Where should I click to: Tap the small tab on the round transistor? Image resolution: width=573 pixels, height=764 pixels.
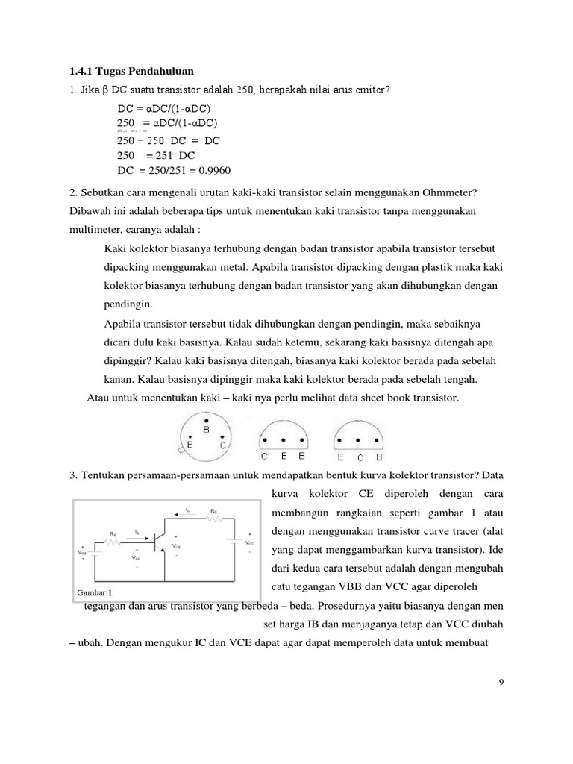(x=180, y=451)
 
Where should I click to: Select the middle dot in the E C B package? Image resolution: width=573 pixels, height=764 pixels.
(x=359, y=439)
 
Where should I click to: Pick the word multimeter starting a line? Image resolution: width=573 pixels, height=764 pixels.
(x=94, y=231)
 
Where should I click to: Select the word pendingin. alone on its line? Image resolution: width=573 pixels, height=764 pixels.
(x=128, y=304)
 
